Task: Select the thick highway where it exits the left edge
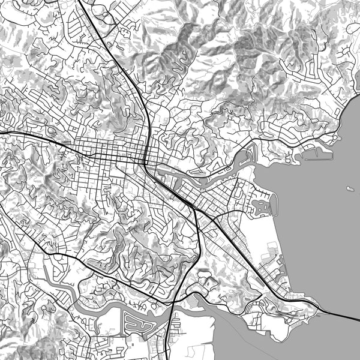click(2, 132)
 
